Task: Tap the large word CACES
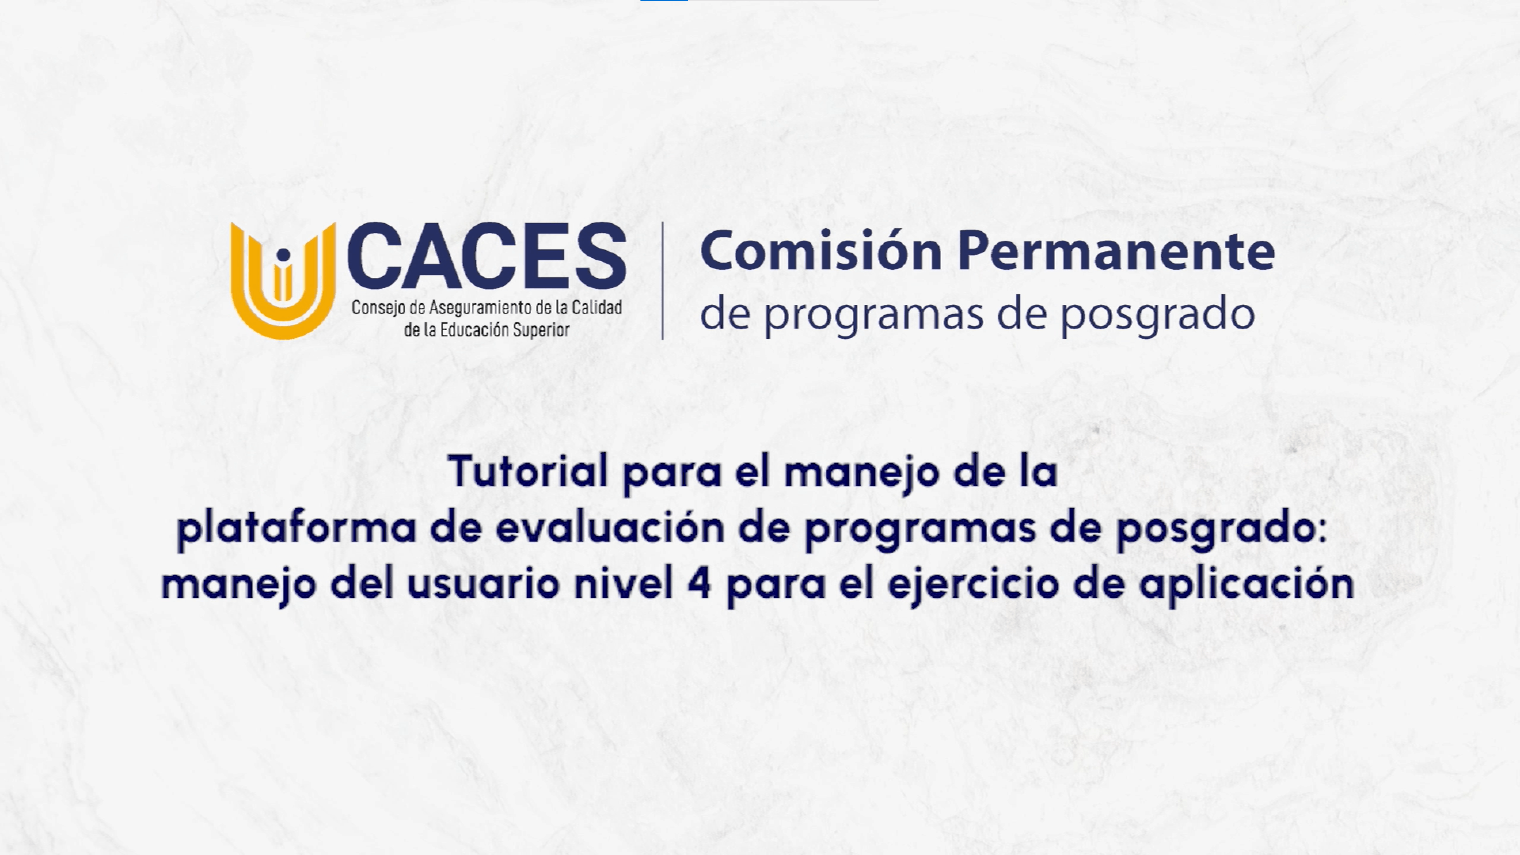tap(487, 256)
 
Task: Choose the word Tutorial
tap(528, 471)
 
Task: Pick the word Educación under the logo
tap(474, 329)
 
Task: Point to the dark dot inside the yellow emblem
tap(283, 255)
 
